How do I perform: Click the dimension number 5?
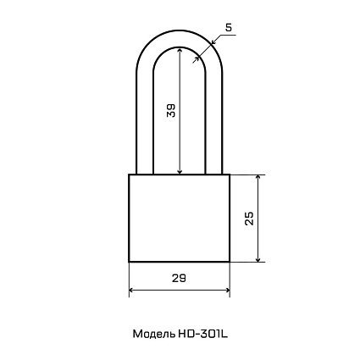click(x=229, y=28)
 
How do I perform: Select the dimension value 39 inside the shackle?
click(x=171, y=110)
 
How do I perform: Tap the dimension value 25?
click(x=249, y=218)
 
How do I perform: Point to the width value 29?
click(x=179, y=279)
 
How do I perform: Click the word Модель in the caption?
click(x=154, y=334)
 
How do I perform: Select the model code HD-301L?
click(x=202, y=334)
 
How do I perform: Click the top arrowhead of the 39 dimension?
click(x=180, y=50)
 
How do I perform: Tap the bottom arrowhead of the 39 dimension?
click(x=180, y=171)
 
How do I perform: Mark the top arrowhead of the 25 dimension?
click(x=258, y=178)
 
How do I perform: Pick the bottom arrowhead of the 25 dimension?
click(x=258, y=258)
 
